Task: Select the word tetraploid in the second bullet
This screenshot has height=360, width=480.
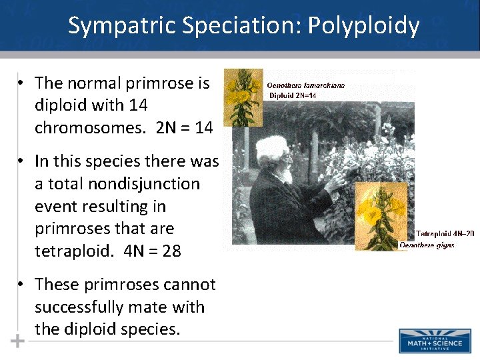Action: (x=71, y=251)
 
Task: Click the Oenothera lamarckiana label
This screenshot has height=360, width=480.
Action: (x=306, y=86)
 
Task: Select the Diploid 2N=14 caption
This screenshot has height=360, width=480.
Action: (x=293, y=95)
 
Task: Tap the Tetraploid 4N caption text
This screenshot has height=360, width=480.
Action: (x=445, y=234)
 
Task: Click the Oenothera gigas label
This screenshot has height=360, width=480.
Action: (x=427, y=245)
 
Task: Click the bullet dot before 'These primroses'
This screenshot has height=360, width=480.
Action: (x=22, y=285)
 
